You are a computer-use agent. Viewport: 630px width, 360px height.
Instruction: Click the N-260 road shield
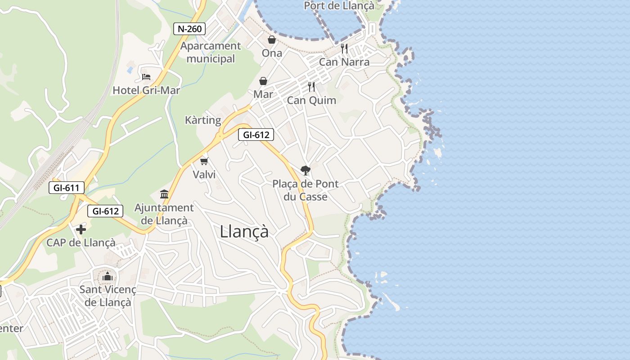(189, 29)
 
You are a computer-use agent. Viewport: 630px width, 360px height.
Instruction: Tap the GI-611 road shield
(66, 188)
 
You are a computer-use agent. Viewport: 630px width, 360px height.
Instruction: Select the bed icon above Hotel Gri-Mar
(146, 77)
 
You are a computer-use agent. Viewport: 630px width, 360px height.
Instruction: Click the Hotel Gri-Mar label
(146, 90)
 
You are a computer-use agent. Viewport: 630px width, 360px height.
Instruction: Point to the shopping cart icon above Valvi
(204, 161)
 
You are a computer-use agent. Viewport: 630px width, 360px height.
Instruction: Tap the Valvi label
(204, 175)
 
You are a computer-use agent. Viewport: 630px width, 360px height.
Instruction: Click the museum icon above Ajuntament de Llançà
(164, 194)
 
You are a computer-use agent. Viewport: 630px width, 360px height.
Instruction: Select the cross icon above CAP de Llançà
(81, 230)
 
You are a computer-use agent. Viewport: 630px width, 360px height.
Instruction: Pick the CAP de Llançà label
(81, 243)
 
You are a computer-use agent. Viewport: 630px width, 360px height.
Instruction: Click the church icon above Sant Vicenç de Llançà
(107, 276)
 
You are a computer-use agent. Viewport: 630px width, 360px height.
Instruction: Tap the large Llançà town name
(244, 232)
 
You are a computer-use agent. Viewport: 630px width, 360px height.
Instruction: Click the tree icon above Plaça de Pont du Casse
(306, 170)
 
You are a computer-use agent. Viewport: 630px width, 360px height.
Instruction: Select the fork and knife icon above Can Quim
(311, 87)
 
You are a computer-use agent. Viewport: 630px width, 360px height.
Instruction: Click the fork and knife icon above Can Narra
(344, 49)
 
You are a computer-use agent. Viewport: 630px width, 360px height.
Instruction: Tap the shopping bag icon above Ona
(272, 40)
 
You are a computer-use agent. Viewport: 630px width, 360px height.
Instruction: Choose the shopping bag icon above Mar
(263, 81)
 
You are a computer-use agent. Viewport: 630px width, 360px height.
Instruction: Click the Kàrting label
(203, 121)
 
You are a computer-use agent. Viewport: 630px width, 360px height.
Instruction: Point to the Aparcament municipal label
(211, 52)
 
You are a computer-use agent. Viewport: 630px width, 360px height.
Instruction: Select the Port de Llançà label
(339, 6)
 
